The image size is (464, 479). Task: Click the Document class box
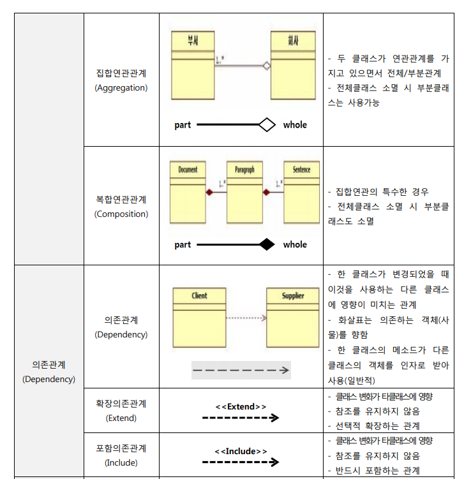(188, 191)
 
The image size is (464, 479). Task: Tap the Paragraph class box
(244, 191)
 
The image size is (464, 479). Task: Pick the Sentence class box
(301, 191)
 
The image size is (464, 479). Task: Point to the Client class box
(199, 317)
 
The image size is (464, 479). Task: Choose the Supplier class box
(293, 317)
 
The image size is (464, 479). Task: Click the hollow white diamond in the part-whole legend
(266, 125)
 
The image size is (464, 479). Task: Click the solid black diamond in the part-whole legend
(266, 244)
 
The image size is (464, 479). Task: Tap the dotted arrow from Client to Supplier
(246, 317)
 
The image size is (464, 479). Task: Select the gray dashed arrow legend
(241, 370)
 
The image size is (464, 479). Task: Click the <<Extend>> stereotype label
(241, 406)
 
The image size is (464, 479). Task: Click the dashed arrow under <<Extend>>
(241, 418)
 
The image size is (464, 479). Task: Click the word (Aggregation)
(121, 88)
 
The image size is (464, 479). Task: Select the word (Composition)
(121, 214)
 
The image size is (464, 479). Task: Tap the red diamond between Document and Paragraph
(208, 192)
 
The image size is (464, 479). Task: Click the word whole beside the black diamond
(295, 244)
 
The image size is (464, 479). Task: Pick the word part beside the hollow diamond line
(183, 125)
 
